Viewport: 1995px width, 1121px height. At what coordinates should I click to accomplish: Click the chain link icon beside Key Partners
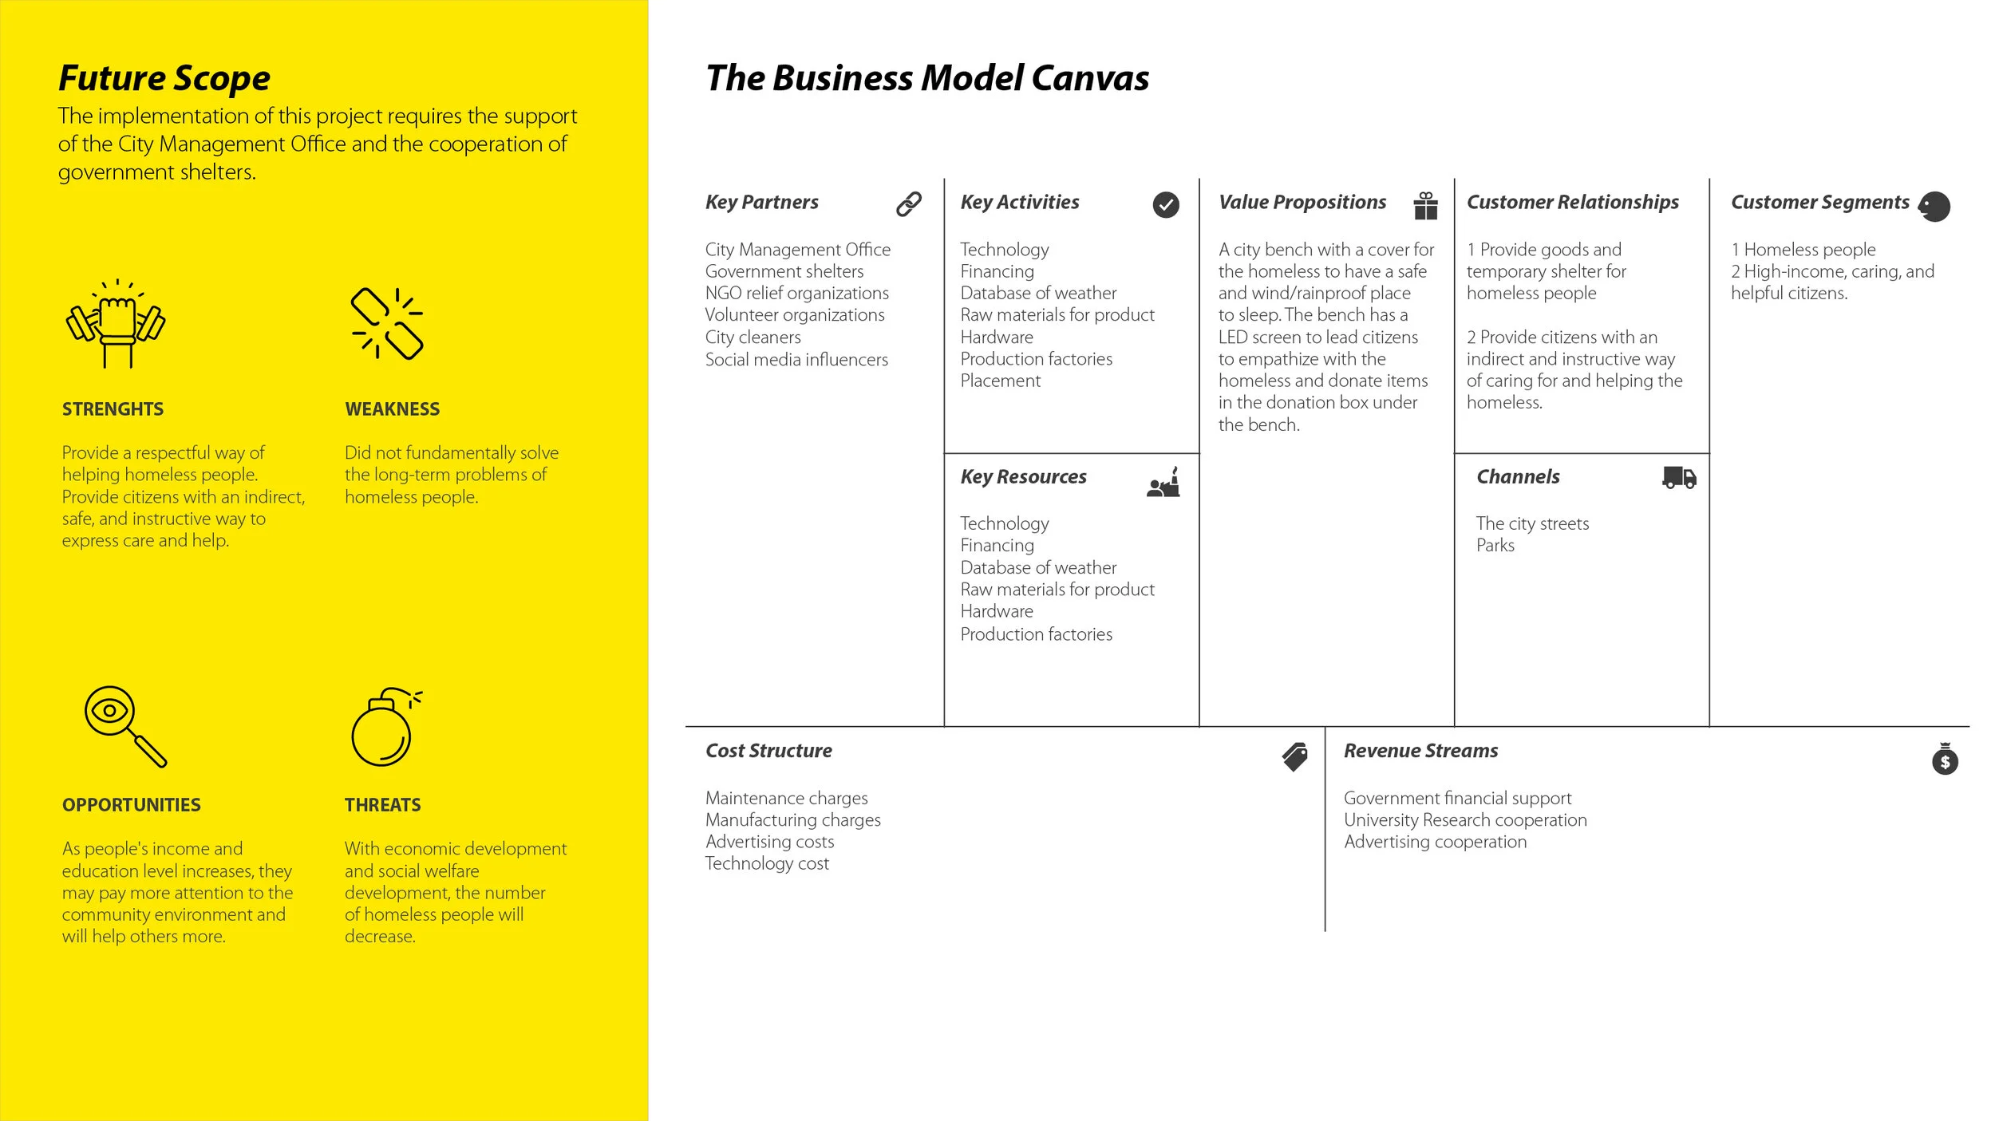(x=908, y=204)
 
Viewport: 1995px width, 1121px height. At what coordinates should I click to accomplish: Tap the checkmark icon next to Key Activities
(x=1165, y=205)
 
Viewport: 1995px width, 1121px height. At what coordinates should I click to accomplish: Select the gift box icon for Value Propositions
(x=1425, y=205)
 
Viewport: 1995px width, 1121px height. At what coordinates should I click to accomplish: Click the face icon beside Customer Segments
(x=1934, y=207)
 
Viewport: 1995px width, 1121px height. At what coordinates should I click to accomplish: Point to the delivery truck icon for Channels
(x=1679, y=478)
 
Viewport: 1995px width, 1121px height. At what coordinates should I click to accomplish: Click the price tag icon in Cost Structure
(x=1294, y=756)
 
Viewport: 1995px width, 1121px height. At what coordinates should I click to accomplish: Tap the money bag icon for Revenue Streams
(x=1945, y=759)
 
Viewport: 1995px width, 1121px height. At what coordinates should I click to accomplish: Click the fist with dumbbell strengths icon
(x=117, y=323)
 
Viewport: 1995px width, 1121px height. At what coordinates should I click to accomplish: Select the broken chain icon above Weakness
(x=387, y=323)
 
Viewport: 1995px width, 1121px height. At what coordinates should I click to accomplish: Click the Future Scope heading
(x=164, y=78)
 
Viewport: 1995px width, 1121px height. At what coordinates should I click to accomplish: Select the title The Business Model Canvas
(x=927, y=78)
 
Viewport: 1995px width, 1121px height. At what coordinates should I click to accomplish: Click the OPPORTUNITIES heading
(x=132, y=805)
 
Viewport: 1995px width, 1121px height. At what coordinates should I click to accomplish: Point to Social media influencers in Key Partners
(x=796, y=360)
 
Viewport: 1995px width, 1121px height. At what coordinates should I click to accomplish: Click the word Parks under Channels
(x=1495, y=546)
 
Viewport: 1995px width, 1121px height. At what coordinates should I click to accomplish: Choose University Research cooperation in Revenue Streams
(x=1465, y=820)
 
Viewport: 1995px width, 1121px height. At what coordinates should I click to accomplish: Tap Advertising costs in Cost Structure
(x=769, y=842)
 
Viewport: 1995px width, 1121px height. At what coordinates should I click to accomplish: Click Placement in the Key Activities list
(x=1000, y=381)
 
